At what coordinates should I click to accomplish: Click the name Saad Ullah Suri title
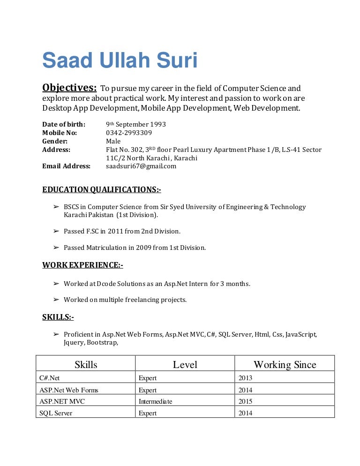pyautogui.click(x=120, y=61)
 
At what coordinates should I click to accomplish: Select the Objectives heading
pyautogui.click(x=69, y=88)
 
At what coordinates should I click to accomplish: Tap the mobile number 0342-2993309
pyautogui.click(x=129, y=133)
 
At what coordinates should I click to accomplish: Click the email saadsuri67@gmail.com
pyautogui.click(x=141, y=166)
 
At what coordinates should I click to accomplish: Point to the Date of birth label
pyautogui.click(x=64, y=124)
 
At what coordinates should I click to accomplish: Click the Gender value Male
pyautogui.click(x=113, y=141)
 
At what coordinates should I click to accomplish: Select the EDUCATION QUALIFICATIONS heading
pyautogui.click(x=102, y=189)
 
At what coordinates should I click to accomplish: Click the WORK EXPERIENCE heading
pyautogui.click(x=82, y=265)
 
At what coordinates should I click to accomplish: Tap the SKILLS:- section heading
pyautogui.click(x=58, y=317)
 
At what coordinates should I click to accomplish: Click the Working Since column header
pyautogui.click(x=285, y=364)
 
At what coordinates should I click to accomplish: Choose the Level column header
pyautogui.click(x=185, y=364)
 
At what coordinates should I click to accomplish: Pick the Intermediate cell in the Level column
pyautogui.click(x=155, y=401)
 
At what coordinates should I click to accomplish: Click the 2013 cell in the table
pyautogui.click(x=245, y=378)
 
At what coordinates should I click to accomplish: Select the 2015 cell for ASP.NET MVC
pyautogui.click(x=245, y=401)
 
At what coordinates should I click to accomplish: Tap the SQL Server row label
pyautogui.click(x=56, y=413)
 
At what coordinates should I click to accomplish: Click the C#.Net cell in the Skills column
pyautogui.click(x=50, y=378)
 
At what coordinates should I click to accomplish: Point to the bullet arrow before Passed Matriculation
pyautogui.click(x=55, y=248)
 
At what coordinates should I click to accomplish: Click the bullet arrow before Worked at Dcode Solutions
pyautogui.click(x=55, y=284)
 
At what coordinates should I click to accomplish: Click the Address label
pyautogui.click(x=56, y=150)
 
